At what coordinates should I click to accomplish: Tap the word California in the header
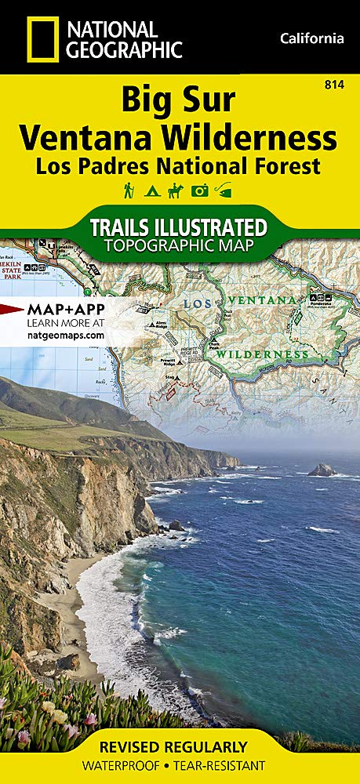311,38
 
